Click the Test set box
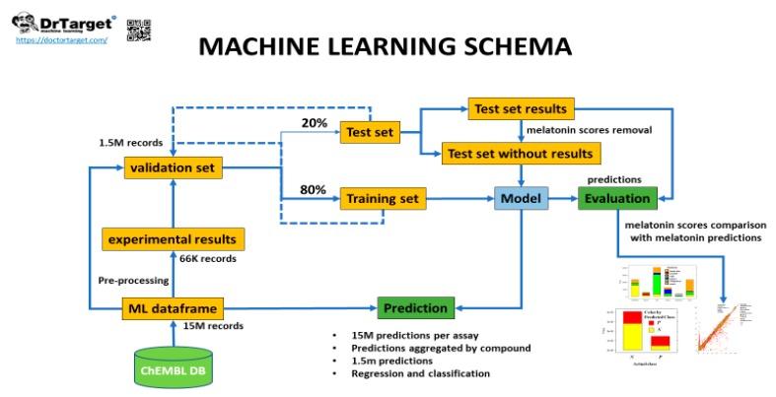(x=369, y=131)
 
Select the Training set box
(x=382, y=199)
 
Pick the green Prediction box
(x=414, y=307)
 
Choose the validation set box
(x=173, y=168)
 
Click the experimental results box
(x=173, y=238)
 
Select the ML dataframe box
(x=173, y=308)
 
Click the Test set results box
(x=520, y=108)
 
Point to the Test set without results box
(x=520, y=154)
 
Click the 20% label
(x=313, y=122)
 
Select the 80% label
(x=313, y=188)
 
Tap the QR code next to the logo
(x=139, y=30)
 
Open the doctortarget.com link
(x=62, y=39)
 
